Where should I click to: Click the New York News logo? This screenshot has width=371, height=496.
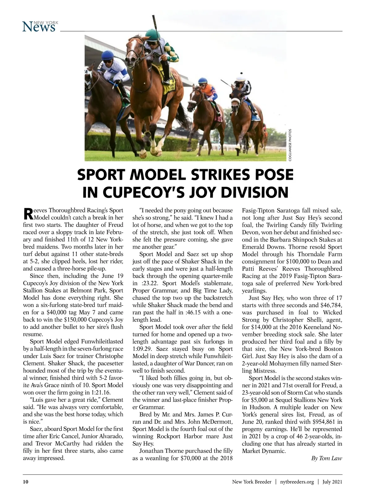point(40,26)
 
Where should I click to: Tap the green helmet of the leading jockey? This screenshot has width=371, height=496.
point(152,33)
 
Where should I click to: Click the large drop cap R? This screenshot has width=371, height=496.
point(28,213)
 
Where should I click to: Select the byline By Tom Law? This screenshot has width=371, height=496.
point(326,458)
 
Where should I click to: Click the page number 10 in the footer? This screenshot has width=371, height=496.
point(26,482)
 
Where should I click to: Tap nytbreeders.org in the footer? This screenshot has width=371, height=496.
point(297,482)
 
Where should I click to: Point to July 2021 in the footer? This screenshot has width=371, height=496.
point(332,482)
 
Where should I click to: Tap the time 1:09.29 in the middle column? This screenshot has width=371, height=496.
point(143,349)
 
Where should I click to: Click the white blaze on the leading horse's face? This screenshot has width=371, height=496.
point(132,49)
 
